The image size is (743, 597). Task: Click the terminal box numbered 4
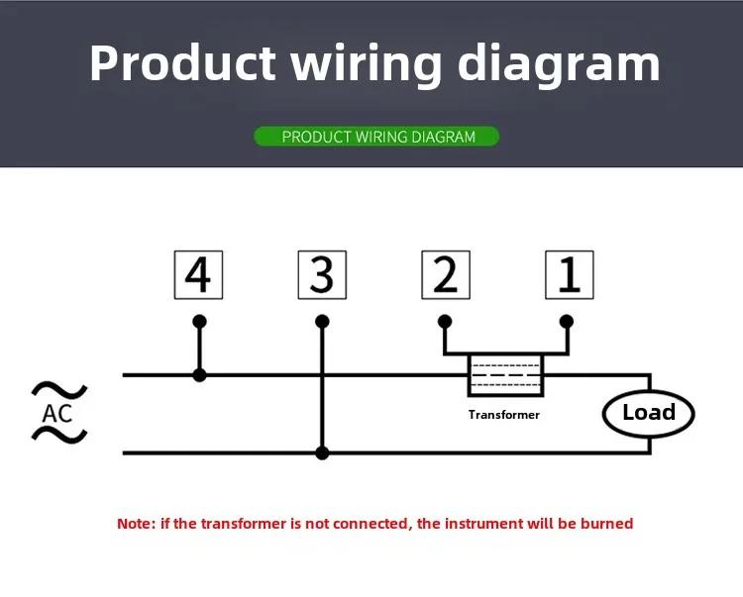(x=198, y=274)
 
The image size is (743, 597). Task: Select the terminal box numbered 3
(x=322, y=274)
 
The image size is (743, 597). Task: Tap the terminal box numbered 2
(x=446, y=274)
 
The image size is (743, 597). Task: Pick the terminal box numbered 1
(x=570, y=274)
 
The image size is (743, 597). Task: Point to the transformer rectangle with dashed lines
(x=505, y=375)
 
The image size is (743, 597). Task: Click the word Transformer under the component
(x=504, y=415)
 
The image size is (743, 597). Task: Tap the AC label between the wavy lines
(x=57, y=413)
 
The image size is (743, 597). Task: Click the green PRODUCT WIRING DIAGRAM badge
(x=376, y=137)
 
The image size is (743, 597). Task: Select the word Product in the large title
(x=183, y=63)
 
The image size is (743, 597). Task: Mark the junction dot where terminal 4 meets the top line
(x=199, y=375)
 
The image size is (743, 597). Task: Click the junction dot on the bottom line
(x=322, y=453)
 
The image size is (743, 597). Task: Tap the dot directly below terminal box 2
(x=445, y=322)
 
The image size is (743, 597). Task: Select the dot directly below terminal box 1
(x=567, y=322)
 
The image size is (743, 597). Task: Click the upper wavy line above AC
(x=59, y=390)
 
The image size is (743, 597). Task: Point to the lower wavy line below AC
(x=59, y=435)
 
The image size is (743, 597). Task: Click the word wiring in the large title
(x=367, y=65)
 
